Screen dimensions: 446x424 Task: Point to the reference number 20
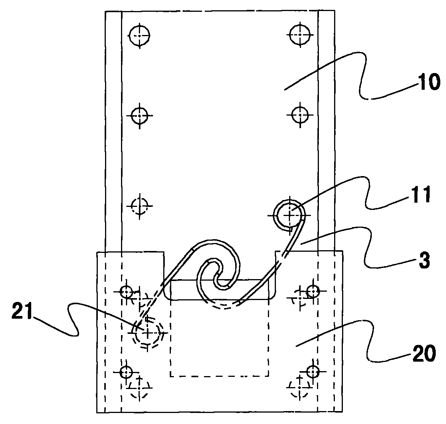click(x=424, y=353)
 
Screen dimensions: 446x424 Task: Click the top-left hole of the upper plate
click(x=139, y=36)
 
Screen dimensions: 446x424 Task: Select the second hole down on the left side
click(x=139, y=116)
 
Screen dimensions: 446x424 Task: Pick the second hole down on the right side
click(x=300, y=115)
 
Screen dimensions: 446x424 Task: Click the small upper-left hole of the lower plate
click(x=126, y=291)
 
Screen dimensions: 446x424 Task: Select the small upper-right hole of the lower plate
click(x=313, y=291)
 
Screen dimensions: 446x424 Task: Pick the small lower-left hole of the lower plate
click(x=126, y=372)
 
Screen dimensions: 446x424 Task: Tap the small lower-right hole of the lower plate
click(x=313, y=371)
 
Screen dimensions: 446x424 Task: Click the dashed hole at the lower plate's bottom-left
click(x=139, y=388)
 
